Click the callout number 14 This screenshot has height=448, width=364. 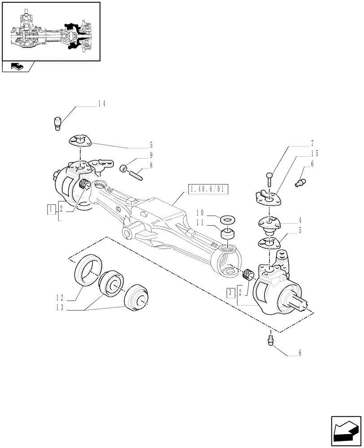pyautogui.click(x=101, y=104)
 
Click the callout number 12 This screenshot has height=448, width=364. pyautogui.click(x=61, y=297)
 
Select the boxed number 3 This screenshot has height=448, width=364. pyautogui.click(x=230, y=293)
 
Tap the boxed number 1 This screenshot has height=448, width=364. pyautogui.click(x=52, y=208)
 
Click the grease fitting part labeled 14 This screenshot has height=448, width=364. pyautogui.click(x=57, y=122)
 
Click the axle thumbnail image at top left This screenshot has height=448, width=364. pyautogui.click(x=51, y=31)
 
